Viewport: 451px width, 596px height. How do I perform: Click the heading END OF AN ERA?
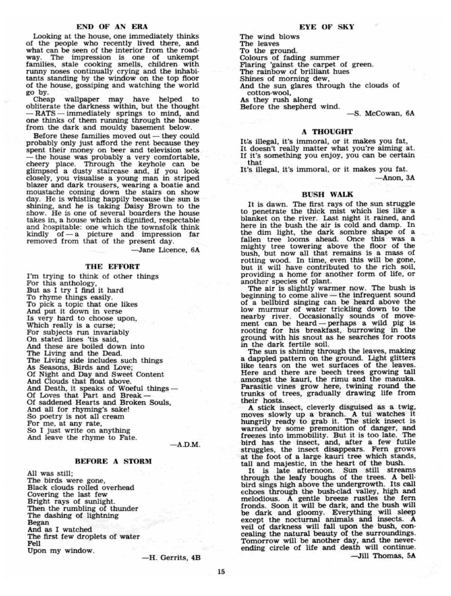[x=112, y=27]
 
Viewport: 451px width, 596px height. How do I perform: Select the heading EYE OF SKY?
[x=327, y=27]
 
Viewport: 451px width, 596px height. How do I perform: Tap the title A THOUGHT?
[x=327, y=131]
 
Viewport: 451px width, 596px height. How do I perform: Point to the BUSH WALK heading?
[x=327, y=194]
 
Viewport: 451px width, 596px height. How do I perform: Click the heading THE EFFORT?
[x=113, y=266]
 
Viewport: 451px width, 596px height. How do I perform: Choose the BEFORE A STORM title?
[x=113, y=461]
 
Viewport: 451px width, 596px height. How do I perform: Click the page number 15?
[x=221, y=571]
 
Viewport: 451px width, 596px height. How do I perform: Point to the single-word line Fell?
[x=34, y=543]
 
